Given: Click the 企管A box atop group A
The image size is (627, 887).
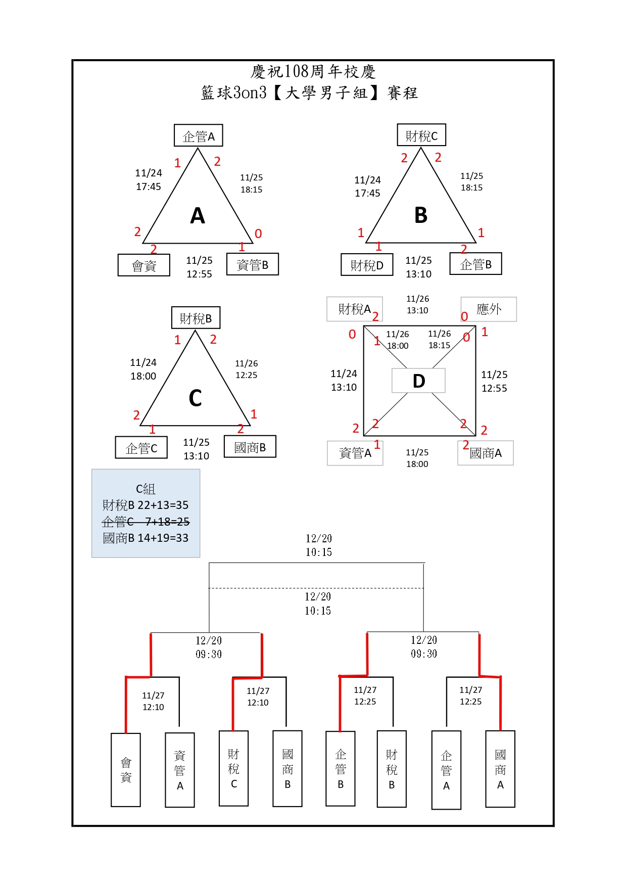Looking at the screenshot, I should click(x=198, y=135).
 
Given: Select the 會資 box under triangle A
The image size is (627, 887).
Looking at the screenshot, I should click(x=144, y=265).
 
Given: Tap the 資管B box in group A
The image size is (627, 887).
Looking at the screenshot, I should click(x=253, y=264).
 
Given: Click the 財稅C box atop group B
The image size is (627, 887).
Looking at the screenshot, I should click(x=421, y=135).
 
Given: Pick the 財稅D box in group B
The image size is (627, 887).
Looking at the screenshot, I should click(x=367, y=264).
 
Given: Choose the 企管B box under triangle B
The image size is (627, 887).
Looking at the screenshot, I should click(x=475, y=263).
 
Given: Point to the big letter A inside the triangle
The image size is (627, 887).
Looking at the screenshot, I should click(x=198, y=216).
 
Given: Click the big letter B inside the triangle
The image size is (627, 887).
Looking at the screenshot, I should click(x=421, y=215).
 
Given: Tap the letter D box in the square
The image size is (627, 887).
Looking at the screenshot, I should click(x=418, y=381).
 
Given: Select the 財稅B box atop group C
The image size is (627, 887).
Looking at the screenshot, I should click(x=196, y=318).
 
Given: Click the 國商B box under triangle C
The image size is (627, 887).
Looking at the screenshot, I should click(x=250, y=446).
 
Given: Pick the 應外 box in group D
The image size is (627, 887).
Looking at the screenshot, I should click(x=489, y=309).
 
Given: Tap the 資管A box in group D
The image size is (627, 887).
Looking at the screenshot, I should click(x=355, y=453).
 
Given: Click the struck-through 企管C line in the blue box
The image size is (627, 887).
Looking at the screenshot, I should click(x=146, y=521).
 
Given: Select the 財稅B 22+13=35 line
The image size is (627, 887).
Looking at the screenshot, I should click(x=146, y=505).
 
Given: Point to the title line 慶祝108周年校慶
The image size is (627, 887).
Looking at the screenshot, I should click(x=313, y=72).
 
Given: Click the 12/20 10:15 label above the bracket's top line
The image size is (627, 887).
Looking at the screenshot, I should click(x=318, y=545).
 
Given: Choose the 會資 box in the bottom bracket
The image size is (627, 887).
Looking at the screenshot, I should click(x=126, y=769).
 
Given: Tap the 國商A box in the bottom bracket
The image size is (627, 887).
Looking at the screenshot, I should click(x=500, y=769).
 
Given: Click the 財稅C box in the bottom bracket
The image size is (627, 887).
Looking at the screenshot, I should click(x=233, y=768).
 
